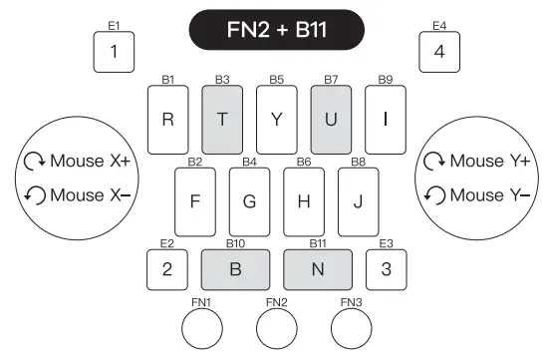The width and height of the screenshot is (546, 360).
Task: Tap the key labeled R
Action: pos(167,119)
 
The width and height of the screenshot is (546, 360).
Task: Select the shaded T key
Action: pos(222,119)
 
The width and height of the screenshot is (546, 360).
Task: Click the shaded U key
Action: pos(331,119)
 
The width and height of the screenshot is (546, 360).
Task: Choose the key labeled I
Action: pos(386,119)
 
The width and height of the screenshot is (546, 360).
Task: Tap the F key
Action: pos(195,198)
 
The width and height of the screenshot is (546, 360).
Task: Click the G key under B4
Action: pos(249,198)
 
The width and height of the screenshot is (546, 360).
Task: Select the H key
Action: pos(304,198)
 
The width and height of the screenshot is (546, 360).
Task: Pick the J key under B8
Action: pos(358,198)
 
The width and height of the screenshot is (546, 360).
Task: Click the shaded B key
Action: pos(235,267)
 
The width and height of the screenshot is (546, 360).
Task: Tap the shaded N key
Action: pos(317,267)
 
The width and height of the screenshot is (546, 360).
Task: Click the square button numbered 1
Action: pos(114,52)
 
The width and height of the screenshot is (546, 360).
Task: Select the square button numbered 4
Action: pos(438,52)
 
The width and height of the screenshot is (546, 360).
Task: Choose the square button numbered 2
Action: pos(167,267)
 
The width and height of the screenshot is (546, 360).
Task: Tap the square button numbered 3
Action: pos(386,267)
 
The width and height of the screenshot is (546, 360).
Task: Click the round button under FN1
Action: pos(202,327)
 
